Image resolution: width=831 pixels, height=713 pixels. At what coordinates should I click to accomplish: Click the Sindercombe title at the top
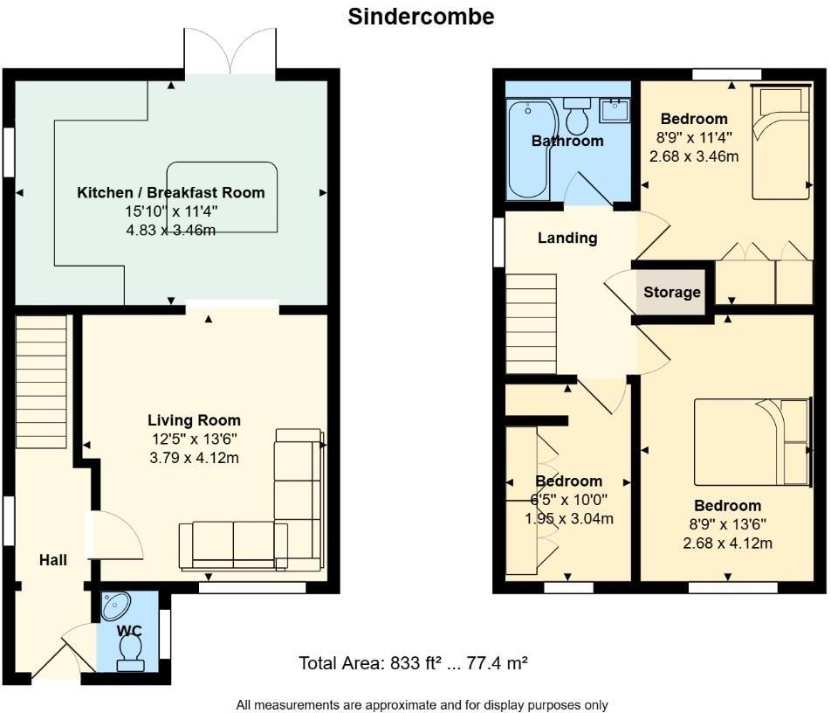pyautogui.click(x=421, y=17)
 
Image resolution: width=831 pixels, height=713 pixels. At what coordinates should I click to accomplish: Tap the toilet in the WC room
pyautogui.click(x=131, y=652)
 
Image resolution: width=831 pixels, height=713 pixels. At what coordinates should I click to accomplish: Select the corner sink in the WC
pyautogui.click(x=115, y=606)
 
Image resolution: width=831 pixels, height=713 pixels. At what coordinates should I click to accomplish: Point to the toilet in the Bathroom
pyautogui.click(x=577, y=117)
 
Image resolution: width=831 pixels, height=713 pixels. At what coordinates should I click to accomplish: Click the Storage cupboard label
pyautogui.click(x=672, y=293)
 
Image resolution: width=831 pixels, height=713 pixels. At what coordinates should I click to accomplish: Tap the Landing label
pyautogui.click(x=567, y=238)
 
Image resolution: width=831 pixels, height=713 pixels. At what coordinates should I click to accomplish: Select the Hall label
pyautogui.click(x=53, y=560)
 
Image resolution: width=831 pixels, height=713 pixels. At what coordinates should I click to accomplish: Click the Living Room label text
pyautogui.click(x=194, y=420)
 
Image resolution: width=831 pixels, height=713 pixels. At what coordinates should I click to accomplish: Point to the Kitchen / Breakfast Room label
pyautogui.click(x=171, y=193)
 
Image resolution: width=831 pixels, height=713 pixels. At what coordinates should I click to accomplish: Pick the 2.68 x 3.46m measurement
pyautogui.click(x=694, y=157)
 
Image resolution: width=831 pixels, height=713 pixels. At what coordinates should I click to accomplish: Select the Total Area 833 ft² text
pyautogui.click(x=413, y=663)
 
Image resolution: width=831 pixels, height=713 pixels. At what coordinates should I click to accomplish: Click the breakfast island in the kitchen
pyautogui.click(x=223, y=197)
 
